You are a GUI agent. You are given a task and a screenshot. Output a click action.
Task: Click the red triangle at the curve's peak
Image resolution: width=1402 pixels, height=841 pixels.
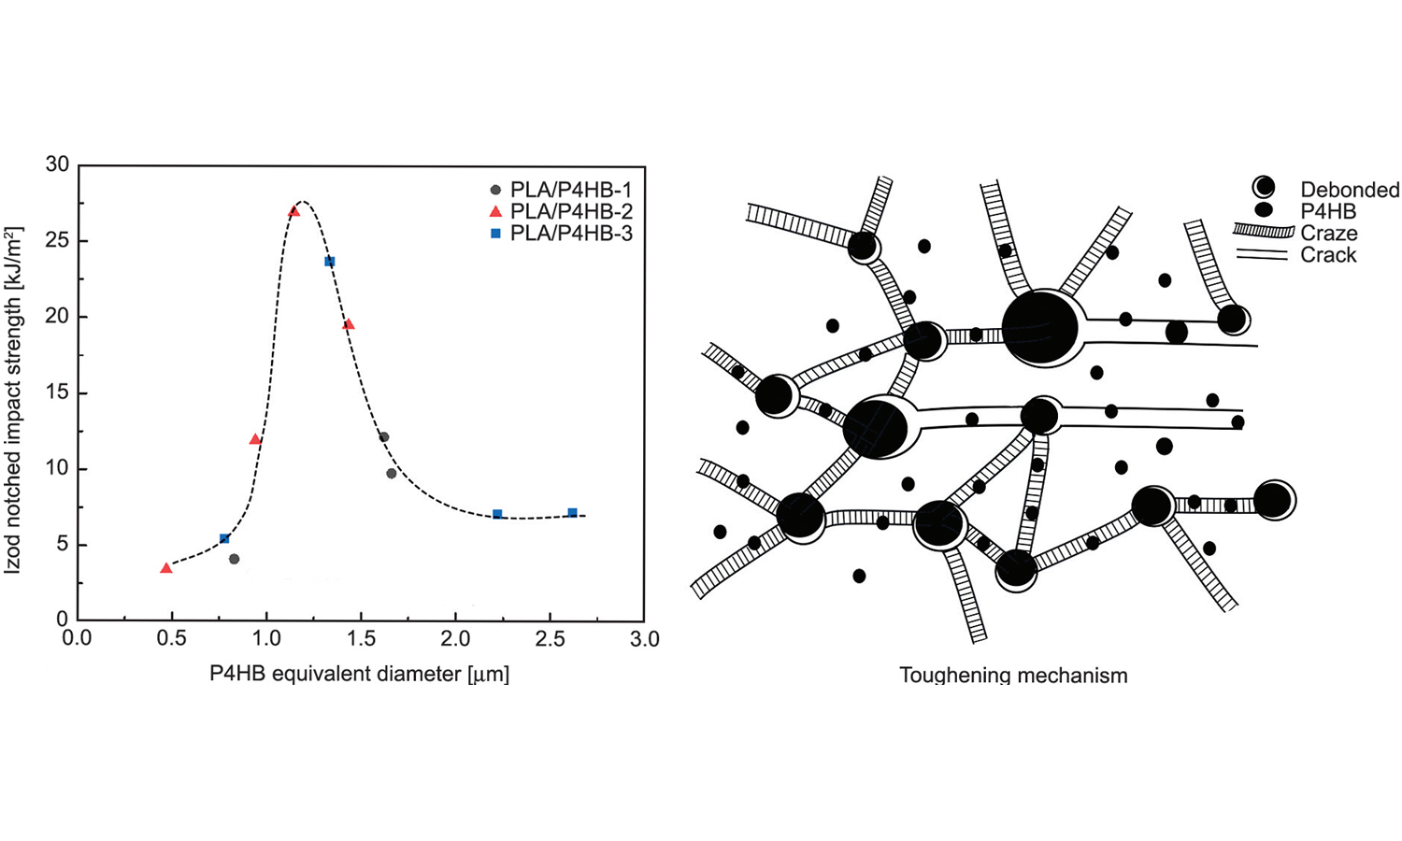pyautogui.click(x=294, y=211)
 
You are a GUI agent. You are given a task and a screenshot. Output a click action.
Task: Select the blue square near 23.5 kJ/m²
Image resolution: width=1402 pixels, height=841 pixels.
pyautogui.click(x=330, y=262)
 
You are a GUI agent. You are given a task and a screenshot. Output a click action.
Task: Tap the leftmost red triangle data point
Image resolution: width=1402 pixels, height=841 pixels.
pyautogui.click(x=166, y=568)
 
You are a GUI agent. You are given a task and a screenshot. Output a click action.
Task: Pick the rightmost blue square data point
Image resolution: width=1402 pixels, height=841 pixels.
pyautogui.click(x=572, y=513)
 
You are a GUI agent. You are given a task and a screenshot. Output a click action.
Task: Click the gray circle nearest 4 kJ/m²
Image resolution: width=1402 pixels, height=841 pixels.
pyautogui.click(x=234, y=559)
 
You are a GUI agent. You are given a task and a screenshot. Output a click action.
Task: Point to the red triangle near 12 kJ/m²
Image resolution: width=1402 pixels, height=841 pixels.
pyautogui.click(x=255, y=438)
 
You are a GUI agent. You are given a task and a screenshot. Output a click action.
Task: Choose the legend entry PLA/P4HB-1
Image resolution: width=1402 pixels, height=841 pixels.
pyautogui.click(x=570, y=191)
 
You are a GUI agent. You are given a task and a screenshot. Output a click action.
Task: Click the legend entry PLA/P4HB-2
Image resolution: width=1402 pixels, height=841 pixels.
pyautogui.click(x=570, y=212)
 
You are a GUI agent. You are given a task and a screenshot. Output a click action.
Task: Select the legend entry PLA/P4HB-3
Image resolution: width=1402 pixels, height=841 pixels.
pyautogui.click(x=570, y=234)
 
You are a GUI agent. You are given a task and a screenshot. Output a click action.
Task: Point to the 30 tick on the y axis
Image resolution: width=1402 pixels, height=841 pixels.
pyautogui.click(x=57, y=164)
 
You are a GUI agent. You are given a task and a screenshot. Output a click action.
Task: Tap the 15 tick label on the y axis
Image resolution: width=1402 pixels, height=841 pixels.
pyautogui.click(x=57, y=393)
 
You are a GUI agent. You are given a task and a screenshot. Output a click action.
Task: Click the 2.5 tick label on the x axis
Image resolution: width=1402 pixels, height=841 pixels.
pyautogui.click(x=550, y=639)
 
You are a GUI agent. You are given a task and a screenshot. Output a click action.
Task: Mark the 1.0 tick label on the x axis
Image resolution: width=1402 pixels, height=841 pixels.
pyautogui.click(x=266, y=639)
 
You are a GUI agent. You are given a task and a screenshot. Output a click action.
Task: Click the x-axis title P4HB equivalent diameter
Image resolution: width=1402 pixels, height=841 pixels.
pyautogui.click(x=359, y=674)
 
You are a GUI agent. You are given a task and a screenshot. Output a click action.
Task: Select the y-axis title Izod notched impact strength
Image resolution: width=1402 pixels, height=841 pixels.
pyautogui.click(x=13, y=400)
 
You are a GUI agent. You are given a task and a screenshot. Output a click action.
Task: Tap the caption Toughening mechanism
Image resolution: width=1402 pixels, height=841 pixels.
pyautogui.click(x=1013, y=675)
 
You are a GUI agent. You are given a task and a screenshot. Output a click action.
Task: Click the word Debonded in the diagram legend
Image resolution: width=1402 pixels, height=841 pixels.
pyautogui.click(x=1350, y=191)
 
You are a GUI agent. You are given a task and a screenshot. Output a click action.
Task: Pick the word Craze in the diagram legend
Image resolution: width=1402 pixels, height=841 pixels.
pyautogui.click(x=1328, y=234)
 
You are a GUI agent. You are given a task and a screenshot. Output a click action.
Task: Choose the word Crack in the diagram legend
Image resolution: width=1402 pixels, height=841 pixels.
pyautogui.click(x=1328, y=255)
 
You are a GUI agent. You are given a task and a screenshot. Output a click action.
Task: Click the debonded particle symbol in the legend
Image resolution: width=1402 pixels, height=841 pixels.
pyautogui.click(x=1264, y=187)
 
